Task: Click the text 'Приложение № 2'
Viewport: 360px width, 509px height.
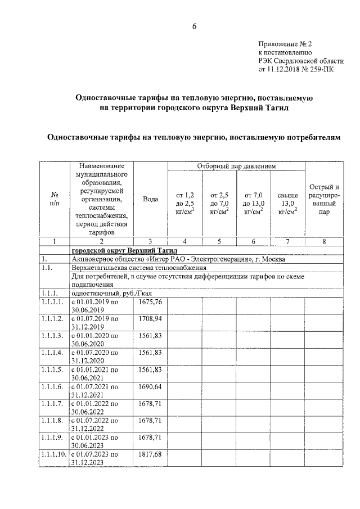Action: click(285, 43)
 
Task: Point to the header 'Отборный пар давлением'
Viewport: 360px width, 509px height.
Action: click(236, 166)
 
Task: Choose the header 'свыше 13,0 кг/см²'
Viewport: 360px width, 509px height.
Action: click(287, 202)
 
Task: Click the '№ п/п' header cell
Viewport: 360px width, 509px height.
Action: click(54, 199)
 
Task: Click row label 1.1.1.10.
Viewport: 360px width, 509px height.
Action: click(53, 453)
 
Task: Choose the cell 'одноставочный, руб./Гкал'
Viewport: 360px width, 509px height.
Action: click(107, 293)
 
